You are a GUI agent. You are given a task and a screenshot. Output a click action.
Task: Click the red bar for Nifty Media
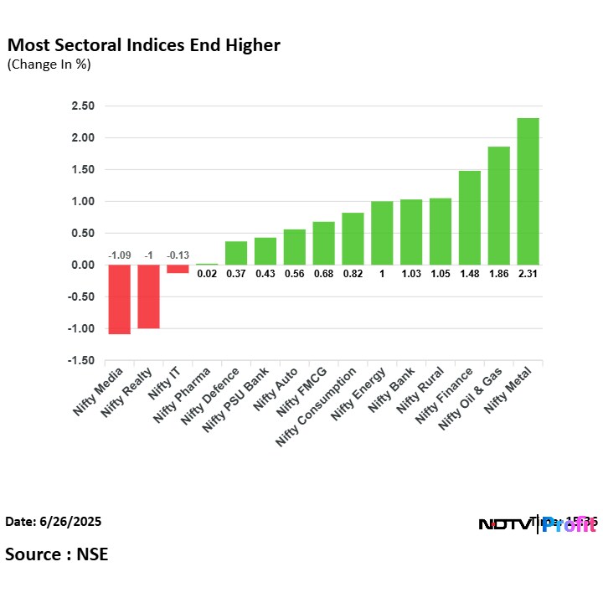(x=119, y=299)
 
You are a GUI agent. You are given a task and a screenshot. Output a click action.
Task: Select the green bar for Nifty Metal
(x=528, y=191)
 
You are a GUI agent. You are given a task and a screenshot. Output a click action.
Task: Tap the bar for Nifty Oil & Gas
(x=498, y=205)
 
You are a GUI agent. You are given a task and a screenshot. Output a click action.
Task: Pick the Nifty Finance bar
(x=469, y=218)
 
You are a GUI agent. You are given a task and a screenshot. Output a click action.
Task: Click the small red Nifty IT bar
(x=178, y=269)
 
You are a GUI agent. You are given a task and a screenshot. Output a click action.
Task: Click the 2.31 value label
(x=528, y=272)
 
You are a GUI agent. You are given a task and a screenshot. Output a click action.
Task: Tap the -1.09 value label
(x=119, y=255)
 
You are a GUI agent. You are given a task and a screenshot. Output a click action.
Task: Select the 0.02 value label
(x=207, y=272)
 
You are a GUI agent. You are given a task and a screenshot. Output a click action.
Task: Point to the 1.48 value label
(x=469, y=272)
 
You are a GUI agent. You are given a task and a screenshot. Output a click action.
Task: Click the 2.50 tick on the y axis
(x=82, y=106)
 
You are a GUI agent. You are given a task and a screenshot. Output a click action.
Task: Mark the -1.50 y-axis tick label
(x=80, y=361)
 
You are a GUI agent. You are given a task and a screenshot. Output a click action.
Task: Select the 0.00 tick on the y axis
(x=82, y=265)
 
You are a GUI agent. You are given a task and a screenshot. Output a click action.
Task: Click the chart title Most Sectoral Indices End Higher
(x=143, y=44)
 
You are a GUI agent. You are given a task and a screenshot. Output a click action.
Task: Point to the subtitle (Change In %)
(x=49, y=64)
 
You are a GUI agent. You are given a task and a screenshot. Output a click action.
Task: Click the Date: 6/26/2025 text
(x=54, y=522)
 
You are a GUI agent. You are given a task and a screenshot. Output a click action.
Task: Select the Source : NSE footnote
(x=57, y=554)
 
